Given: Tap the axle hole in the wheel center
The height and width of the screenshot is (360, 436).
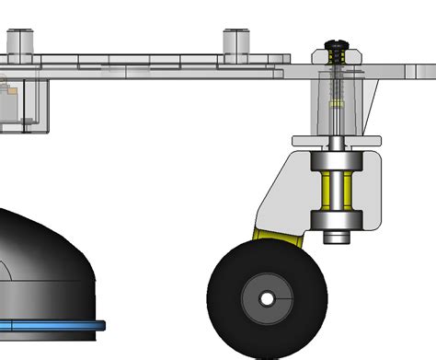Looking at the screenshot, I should pyautogui.click(x=267, y=300).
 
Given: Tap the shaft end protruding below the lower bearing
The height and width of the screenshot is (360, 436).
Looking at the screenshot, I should pyautogui.click(x=338, y=238).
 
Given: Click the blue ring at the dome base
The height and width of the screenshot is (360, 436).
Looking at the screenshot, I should pyautogui.click(x=55, y=325).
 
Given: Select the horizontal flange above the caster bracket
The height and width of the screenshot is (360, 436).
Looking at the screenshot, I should pyautogui.click(x=337, y=141).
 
